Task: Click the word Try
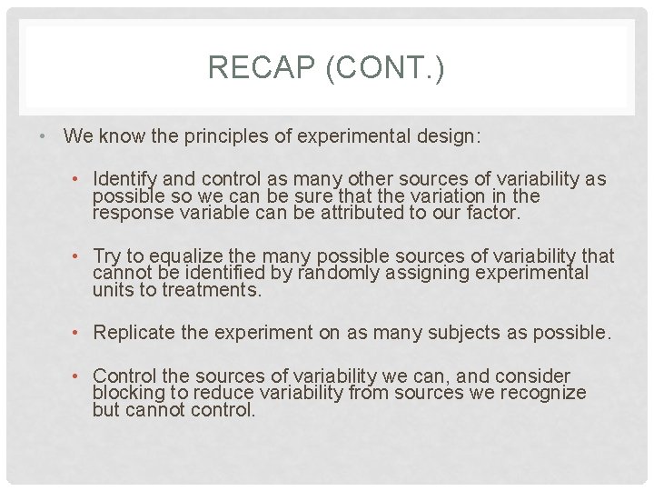[x=108, y=256]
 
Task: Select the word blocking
[x=127, y=393]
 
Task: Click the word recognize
[x=542, y=393]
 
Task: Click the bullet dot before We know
[x=44, y=137]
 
